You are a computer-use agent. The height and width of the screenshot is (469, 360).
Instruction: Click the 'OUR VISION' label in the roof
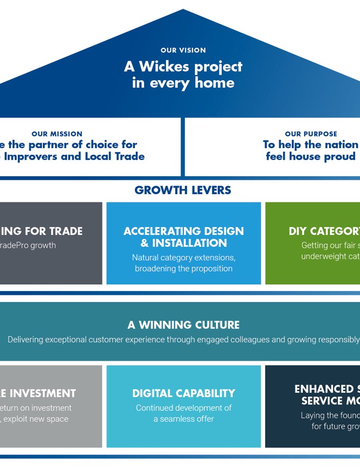[183, 51]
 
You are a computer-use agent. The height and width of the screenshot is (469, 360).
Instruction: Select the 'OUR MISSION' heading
[57, 134]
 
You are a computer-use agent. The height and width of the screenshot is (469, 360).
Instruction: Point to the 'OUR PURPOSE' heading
[310, 134]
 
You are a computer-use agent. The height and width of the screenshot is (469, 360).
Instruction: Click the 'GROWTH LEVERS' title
[183, 191]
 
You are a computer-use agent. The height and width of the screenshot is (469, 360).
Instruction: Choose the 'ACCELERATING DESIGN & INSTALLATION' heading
[184, 237]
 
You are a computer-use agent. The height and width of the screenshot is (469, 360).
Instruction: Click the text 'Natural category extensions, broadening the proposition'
[184, 263]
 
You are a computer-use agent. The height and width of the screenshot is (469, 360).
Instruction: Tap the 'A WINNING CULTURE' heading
[183, 325]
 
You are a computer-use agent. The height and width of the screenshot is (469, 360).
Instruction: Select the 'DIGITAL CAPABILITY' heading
[184, 393]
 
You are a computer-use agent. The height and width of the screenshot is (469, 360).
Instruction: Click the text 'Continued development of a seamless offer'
[184, 413]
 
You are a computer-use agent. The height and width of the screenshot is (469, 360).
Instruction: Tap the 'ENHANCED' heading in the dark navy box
[326, 389]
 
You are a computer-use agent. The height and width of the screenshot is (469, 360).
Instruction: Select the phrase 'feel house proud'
[310, 156]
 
